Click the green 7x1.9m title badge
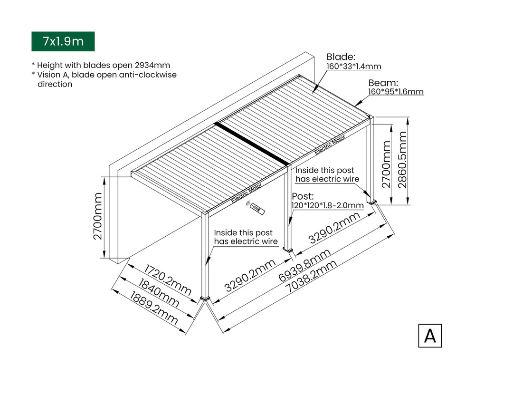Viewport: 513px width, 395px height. [63, 41]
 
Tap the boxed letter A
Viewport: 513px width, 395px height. [430, 336]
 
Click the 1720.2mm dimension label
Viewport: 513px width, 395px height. [168, 280]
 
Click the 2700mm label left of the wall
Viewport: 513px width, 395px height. [97, 216]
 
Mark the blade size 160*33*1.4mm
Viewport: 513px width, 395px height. [353, 67]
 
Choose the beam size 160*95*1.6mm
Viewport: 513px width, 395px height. [396, 92]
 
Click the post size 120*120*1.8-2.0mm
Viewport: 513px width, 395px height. [327, 205]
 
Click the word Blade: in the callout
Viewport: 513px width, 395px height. [341, 58]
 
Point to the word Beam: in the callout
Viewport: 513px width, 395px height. [383, 83]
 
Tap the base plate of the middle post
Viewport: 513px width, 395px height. [287, 249]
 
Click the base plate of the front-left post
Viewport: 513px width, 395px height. [206, 299]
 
